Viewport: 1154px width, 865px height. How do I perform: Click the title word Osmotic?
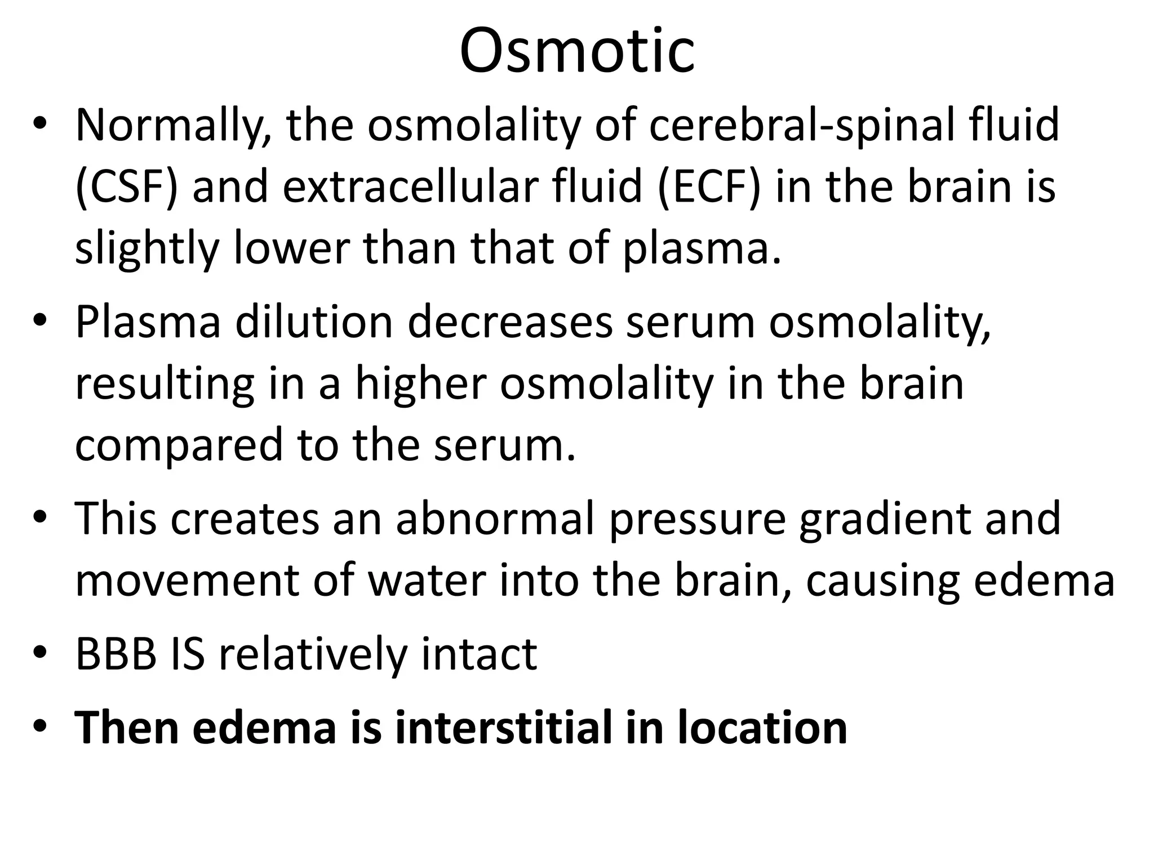coord(577,51)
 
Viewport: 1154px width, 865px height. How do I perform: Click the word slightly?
coord(147,248)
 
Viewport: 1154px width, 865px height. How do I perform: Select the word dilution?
coord(313,323)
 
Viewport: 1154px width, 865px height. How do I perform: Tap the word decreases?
coord(510,323)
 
